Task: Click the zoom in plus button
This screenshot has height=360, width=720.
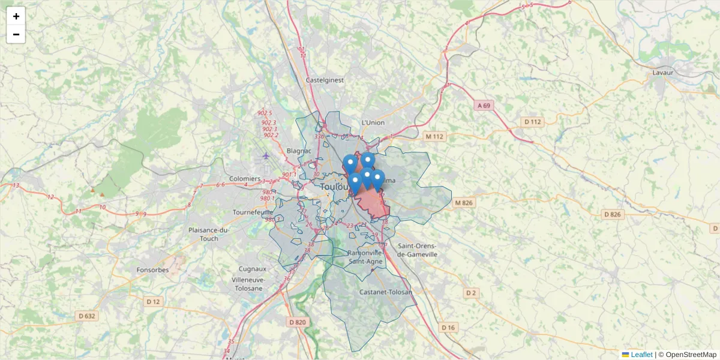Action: [x=16, y=16]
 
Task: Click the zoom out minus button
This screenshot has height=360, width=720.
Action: [x=16, y=34]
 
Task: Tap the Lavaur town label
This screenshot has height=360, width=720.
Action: [x=663, y=73]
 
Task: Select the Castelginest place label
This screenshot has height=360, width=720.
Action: [x=325, y=80]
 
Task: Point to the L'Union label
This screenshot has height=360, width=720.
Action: [x=373, y=123]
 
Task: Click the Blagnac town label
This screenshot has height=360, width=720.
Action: [x=299, y=151]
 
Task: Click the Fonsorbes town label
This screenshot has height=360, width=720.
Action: [x=152, y=270]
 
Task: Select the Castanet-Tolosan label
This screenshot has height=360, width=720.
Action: [x=386, y=292]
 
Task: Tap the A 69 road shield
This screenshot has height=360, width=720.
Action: [x=484, y=106]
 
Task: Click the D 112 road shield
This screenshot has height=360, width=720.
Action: [x=532, y=122]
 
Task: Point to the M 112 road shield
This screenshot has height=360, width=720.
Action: [x=434, y=137]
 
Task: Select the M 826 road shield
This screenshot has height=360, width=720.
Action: [x=464, y=203]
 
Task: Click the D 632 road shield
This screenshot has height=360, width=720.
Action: [x=87, y=316]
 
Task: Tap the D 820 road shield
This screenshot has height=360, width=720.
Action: [x=297, y=322]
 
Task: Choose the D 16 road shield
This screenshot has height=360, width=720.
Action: [x=448, y=328]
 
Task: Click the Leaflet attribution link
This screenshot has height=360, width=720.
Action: [x=641, y=355]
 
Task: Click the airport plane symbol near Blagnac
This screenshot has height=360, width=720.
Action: [x=266, y=156]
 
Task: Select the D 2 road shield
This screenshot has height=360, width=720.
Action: [x=471, y=293]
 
